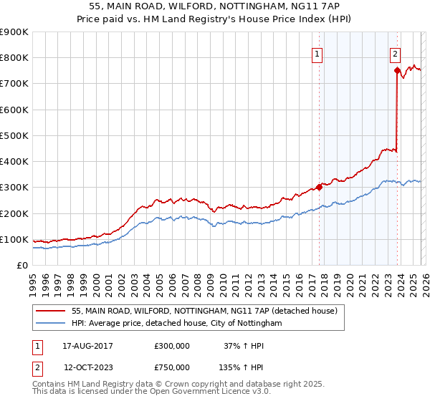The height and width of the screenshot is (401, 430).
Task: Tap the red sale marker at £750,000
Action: (x=396, y=70)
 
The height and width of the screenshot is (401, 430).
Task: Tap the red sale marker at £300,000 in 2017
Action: (x=319, y=187)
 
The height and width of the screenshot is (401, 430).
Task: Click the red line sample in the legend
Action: (x=51, y=311)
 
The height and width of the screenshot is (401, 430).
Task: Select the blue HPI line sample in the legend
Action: (x=51, y=324)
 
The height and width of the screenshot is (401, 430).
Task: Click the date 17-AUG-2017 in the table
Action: (x=87, y=346)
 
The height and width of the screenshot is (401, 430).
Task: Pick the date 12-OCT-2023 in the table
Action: (x=87, y=367)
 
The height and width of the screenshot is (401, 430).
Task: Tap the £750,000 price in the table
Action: (x=172, y=367)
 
